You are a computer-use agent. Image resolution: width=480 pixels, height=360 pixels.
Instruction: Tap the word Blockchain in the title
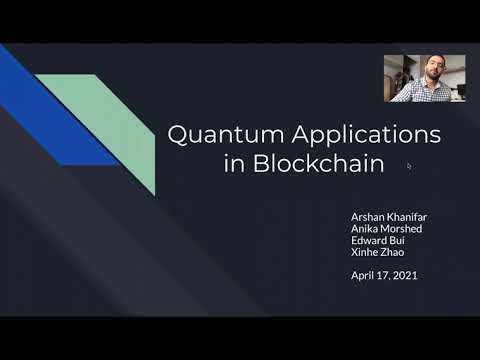pos(320,164)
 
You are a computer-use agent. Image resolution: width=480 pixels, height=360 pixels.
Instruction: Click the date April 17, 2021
pos(383,275)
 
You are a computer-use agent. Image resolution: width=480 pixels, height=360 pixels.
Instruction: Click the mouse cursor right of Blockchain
pos(409,166)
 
